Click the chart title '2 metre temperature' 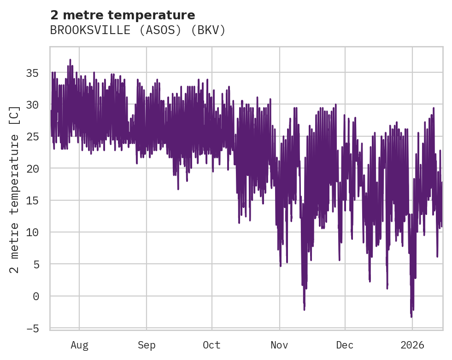123,15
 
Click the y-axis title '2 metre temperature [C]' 15,189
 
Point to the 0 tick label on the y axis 35,296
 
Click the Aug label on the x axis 79,345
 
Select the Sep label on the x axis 147,345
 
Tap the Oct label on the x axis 211,345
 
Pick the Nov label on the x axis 279,345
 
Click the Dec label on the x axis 345,345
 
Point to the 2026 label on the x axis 412,345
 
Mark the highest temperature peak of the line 70,60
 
